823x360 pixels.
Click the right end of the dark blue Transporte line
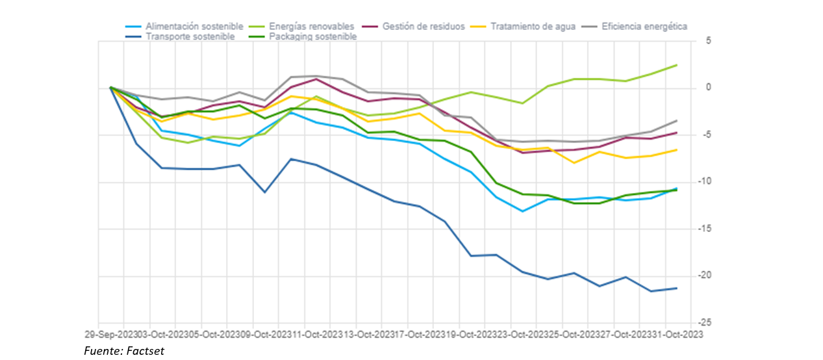[x=676, y=288]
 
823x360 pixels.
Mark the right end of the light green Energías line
[x=676, y=65]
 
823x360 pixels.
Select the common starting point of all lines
[x=111, y=87]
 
